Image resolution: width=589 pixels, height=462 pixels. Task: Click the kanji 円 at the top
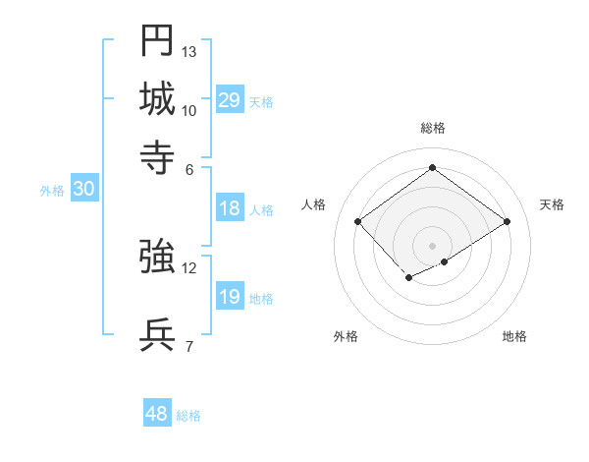point(158,40)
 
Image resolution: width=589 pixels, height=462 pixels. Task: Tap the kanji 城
point(158,98)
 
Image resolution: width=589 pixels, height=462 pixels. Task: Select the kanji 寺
point(158,156)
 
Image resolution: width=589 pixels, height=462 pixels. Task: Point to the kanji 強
point(158,257)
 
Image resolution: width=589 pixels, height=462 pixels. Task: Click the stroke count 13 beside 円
point(189,51)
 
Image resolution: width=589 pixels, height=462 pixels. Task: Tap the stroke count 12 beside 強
point(189,267)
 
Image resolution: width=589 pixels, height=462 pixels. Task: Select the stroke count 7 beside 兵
point(188,345)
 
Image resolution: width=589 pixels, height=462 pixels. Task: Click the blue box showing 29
point(230,100)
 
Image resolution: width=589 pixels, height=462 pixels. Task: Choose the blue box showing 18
point(230,208)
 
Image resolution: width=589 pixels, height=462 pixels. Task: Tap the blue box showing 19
point(230,298)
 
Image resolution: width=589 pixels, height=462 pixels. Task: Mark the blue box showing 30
point(83,191)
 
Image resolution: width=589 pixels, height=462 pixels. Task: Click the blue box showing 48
point(157,414)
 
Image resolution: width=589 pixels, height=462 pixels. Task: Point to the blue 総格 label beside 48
point(188,416)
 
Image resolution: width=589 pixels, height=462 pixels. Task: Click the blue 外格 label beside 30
point(52,192)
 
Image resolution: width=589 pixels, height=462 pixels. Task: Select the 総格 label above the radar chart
point(433,128)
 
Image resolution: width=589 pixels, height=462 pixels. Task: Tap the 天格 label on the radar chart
point(553,204)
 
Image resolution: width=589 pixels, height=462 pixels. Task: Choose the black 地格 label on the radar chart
point(514,336)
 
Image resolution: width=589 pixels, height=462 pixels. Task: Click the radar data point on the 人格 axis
point(358,222)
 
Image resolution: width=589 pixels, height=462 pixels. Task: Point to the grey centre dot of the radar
point(433,245)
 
